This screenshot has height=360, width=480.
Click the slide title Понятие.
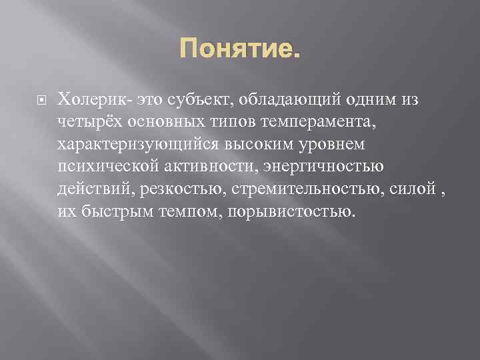[x=239, y=48]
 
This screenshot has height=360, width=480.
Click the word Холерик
[x=93, y=99]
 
